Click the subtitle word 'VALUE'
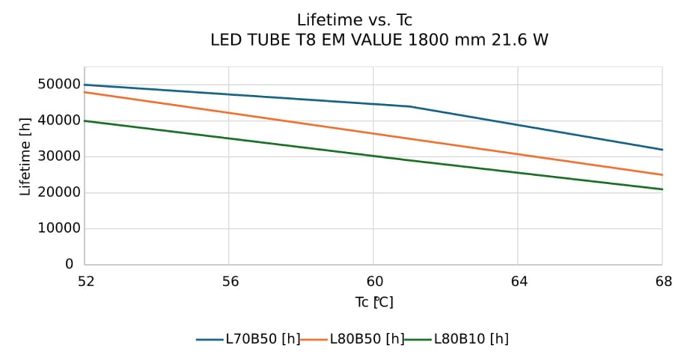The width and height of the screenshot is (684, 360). (373, 40)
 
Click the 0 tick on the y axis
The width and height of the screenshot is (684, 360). (69, 264)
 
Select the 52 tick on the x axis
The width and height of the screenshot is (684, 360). (84, 281)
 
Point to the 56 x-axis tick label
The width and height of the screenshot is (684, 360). (228, 281)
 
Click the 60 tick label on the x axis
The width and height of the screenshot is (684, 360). (373, 281)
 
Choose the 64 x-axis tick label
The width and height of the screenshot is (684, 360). (518, 281)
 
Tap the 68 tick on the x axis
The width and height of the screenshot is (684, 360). (662, 281)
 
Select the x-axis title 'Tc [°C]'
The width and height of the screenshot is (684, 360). (373, 302)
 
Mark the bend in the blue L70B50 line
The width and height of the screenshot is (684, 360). (409, 106)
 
